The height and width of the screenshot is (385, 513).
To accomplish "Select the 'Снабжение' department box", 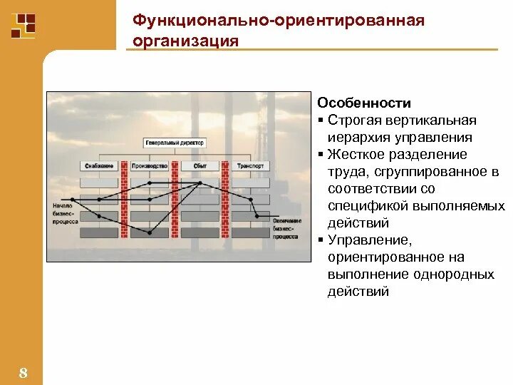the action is (99, 166).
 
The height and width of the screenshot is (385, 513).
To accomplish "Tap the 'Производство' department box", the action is (150, 166).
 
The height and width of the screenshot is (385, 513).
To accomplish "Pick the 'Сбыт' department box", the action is (199, 166).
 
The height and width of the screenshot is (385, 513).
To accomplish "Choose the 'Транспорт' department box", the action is (250, 166).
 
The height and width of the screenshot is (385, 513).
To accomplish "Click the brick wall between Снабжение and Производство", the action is (125, 200).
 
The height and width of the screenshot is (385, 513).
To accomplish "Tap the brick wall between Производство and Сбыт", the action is (175, 200).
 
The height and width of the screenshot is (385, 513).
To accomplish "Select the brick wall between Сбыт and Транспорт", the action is (225, 200).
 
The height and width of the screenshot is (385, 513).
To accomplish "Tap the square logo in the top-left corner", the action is (24, 25).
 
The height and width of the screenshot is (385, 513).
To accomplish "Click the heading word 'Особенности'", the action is (364, 103).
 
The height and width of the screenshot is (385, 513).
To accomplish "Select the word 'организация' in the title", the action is (185, 40).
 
